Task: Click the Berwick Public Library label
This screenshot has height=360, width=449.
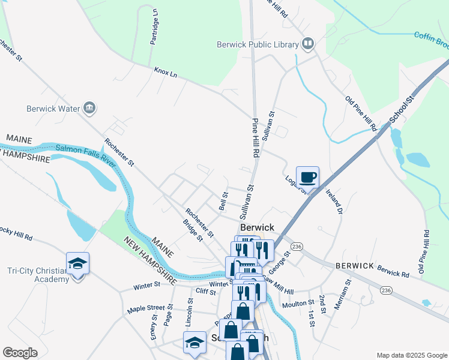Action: (258, 44)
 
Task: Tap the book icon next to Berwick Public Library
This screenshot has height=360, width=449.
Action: (307, 43)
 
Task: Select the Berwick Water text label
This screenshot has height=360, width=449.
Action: (53, 109)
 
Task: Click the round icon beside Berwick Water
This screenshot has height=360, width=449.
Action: (90, 108)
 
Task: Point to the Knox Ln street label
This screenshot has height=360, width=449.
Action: (166, 71)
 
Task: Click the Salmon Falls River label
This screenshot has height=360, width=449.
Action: (85, 156)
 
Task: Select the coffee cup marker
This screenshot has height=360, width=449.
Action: (307, 177)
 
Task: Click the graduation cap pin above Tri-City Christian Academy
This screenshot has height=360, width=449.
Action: (77, 263)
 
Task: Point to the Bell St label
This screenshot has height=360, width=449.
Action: (224, 201)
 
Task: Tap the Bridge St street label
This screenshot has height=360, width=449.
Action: (193, 230)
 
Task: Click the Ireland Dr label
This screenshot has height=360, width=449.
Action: (334, 202)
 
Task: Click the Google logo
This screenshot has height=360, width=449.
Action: (20, 353)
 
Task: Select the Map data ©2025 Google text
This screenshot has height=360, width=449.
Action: (411, 355)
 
